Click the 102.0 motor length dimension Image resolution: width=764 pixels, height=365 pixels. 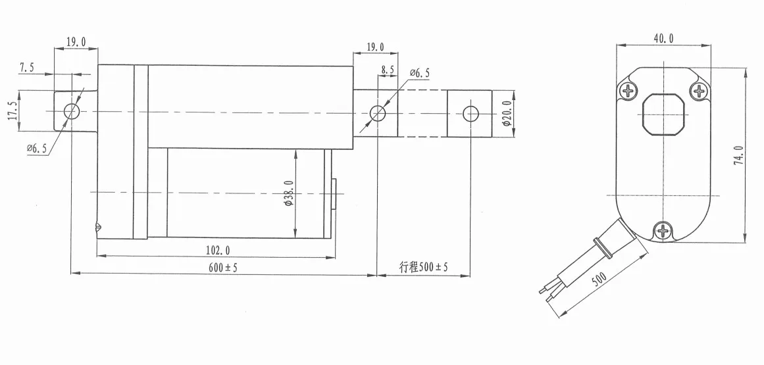click(x=218, y=250)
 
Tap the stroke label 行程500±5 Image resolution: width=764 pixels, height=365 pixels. click(x=423, y=267)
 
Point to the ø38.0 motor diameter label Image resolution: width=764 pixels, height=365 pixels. click(x=288, y=193)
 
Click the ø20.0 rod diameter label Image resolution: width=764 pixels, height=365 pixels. click(x=506, y=115)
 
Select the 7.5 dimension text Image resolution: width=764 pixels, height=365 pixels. click(x=28, y=67)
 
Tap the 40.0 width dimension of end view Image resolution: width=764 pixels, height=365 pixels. click(x=663, y=39)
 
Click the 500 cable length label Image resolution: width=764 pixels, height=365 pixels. click(x=599, y=280)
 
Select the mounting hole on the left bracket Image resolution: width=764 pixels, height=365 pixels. click(x=72, y=111)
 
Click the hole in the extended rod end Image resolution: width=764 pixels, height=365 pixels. click(x=470, y=113)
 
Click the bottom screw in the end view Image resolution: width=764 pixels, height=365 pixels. click(x=663, y=230)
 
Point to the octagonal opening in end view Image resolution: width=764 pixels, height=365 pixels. click(x=663, y=114)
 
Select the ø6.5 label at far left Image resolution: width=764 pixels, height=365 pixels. click(x=37, y=149)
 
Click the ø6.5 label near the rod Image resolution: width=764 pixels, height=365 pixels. click(x=419, y=73)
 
